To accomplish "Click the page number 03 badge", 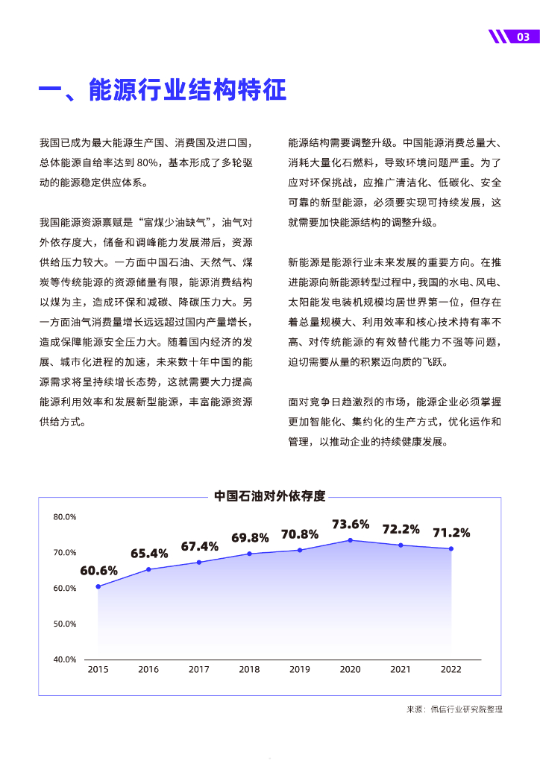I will point(522,37).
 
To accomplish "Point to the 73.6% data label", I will point(351,524).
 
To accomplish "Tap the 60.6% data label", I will point(99,571).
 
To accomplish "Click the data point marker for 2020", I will point(351,540).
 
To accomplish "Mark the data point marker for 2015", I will point(98,586).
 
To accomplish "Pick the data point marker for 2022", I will point(451,549).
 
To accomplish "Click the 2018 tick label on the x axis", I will point(249,669).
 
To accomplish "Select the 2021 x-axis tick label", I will point(401,669).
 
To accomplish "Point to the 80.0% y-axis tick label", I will point(65,516).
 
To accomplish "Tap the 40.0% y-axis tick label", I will point(65,659).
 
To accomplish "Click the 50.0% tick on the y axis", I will point(65,624).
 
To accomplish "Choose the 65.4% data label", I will point(149,554).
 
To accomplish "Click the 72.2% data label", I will point(401,529).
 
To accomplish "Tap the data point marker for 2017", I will point(199,562).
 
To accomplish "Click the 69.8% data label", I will point(250,537).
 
